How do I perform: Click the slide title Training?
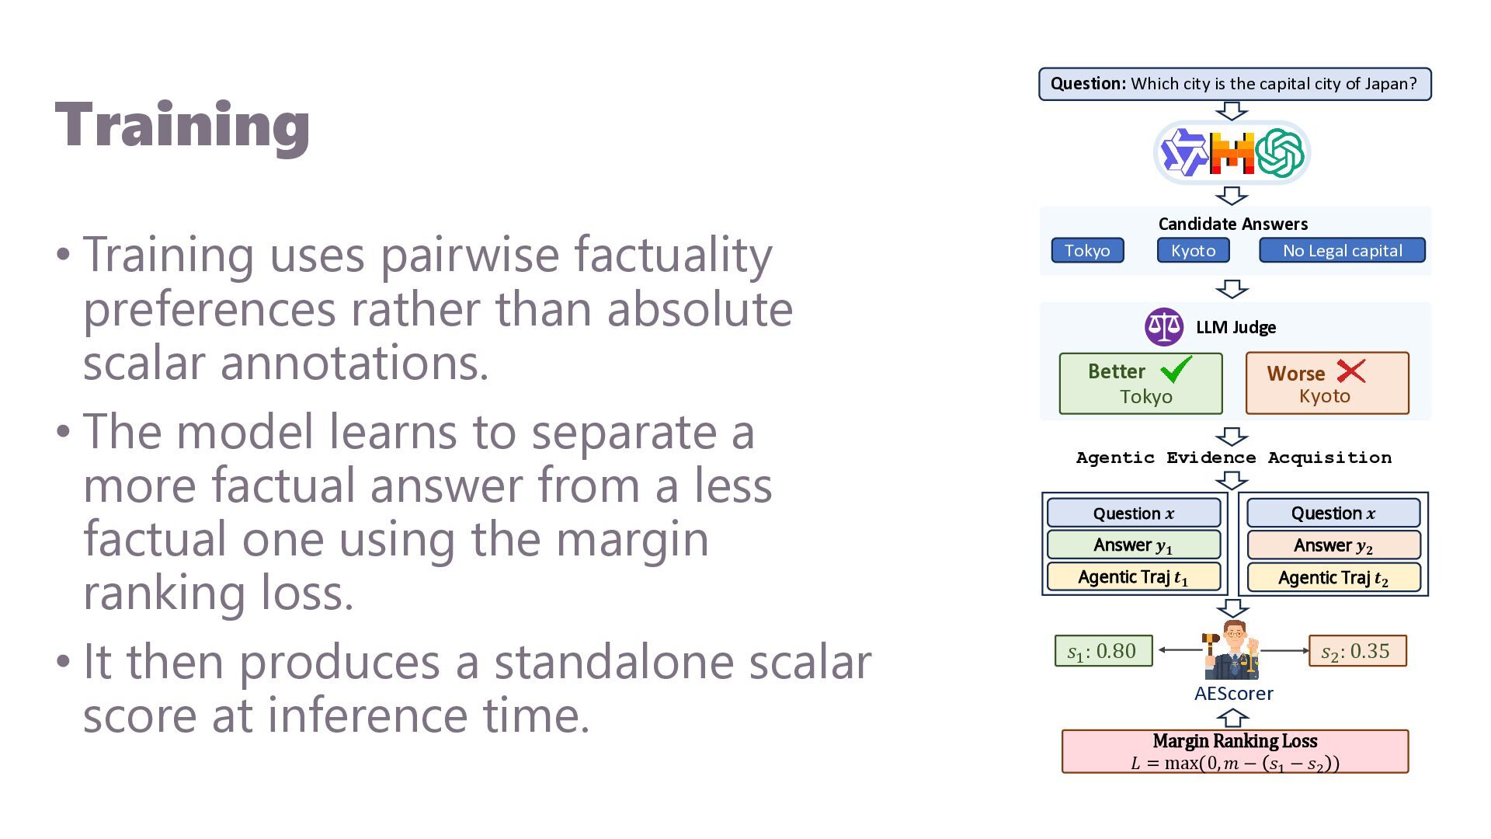coord(182,127)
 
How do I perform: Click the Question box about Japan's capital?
coord(1235,84)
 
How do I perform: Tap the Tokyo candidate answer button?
coord(1087,250)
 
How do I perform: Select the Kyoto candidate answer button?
coord(1194,250)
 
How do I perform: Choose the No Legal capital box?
coord(1342,250)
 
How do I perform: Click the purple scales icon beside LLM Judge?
coord(1164,327)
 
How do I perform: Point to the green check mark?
coord(1176,369)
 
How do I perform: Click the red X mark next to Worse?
coord(1351,371)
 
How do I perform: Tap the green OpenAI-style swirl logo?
coord(1279,153)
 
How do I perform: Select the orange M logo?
coord(1232,153)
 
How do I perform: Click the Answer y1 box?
coord(1134,545)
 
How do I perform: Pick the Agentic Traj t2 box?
coord(1333,578)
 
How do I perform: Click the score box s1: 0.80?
coord(1103,651)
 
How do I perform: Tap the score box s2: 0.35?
coord(1357,651)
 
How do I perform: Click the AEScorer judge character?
coord(1232,650)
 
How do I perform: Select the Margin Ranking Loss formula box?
coord(1235,751)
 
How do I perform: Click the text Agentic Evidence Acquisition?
coord(1234,458)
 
